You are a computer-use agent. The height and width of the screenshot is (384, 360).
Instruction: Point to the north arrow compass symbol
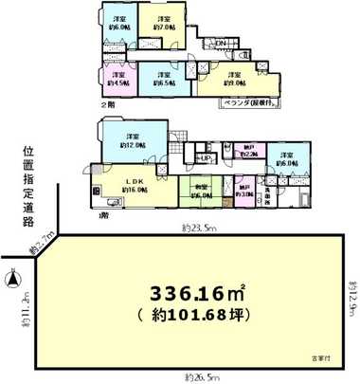(13, 281)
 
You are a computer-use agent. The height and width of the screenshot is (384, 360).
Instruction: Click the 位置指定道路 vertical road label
(27, 185)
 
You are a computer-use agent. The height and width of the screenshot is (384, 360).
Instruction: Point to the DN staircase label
(220, 43)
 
